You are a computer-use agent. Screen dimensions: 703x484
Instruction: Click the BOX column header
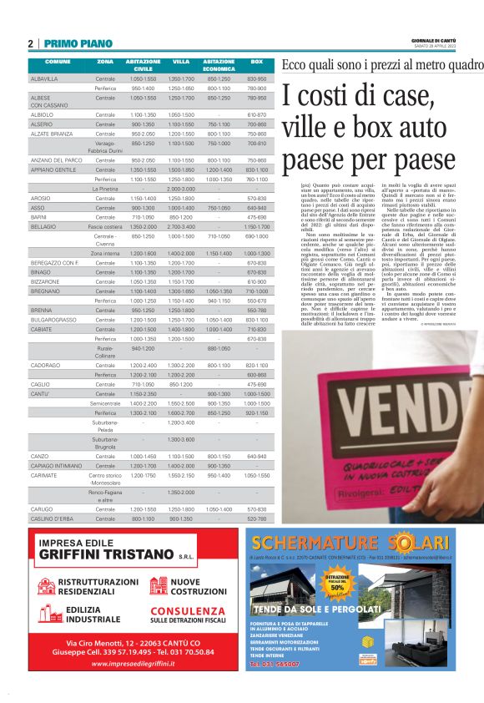(256, 63)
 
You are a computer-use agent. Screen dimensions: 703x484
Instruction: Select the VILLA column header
(181, 63)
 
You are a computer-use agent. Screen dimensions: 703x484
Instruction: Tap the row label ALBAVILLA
(44, 78)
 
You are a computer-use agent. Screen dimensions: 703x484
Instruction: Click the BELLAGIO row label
(43, 226)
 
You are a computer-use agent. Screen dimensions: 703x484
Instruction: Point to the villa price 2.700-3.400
(181, 226)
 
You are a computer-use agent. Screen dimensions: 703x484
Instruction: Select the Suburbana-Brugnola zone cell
(105, 443)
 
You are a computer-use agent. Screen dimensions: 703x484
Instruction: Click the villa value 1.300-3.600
(181, 439)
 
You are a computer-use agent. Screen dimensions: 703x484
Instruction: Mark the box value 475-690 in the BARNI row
(256, 217)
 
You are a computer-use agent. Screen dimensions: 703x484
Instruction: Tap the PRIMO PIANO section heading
(78, 43)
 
